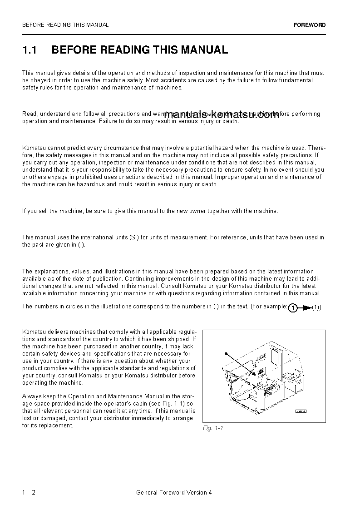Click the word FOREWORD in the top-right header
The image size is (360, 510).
pyautogui.click(x=309, y=25)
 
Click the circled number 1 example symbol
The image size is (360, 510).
pyautogui.click(x=293, y=308)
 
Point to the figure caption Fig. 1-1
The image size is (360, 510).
pyautogui.click(x=213, y=429)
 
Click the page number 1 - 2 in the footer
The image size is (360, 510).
pyautogui.click(x=29, y=492)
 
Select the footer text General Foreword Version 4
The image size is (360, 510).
pyautogui.click(x=174, y=492)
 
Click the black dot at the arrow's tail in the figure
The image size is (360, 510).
pyautogui.click(x=226, y=353)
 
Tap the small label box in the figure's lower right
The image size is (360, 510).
pyautogui.click(x=300, y=411)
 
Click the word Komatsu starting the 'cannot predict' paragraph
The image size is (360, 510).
pyautogui.click(x=33, y=148)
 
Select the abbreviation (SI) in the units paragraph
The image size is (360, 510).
pyautogui.click(x=134, y=237)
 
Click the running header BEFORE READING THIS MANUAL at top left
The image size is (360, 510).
pyautogui.click(x=65, y=25)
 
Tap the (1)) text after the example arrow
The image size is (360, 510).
pyautogui.click(x=316, y=308)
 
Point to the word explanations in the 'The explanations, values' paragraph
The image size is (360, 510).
pyautogui.click(x=50, y=271)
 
